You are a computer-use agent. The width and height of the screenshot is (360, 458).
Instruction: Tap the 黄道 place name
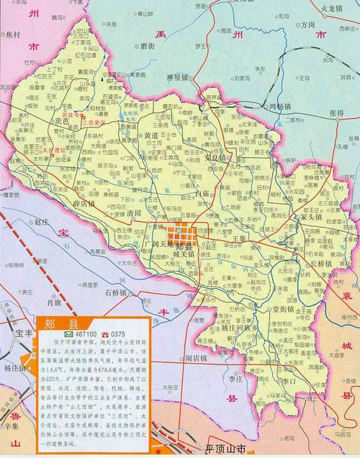coord(150,135)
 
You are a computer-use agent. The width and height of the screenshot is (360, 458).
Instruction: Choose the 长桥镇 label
coord(318,264)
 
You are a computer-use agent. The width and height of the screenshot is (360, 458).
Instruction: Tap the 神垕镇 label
coord(177,77)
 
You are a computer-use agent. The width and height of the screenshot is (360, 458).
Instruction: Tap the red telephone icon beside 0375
coord(104,335)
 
